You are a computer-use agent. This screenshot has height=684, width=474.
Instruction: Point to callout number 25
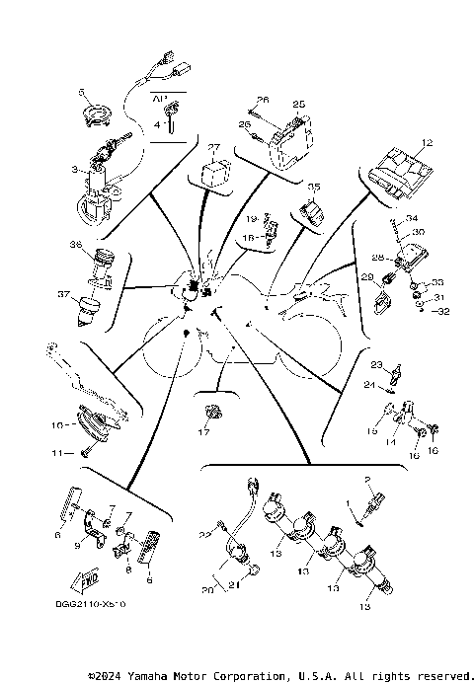click(298, 103)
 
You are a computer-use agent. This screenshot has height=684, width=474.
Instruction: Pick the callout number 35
click(315, 186)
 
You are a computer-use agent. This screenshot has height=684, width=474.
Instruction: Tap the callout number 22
click(204, 534)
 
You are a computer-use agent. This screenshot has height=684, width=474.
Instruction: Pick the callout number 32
click(443, 310)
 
